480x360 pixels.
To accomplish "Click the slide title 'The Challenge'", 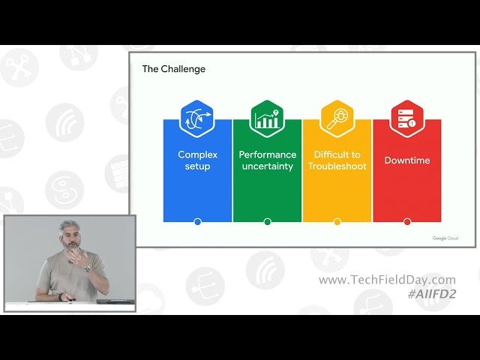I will click(x=174, y=69).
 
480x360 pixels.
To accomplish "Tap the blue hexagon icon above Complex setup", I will click(x=197, y=118).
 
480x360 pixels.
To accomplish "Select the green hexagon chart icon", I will click(x=267, y=118).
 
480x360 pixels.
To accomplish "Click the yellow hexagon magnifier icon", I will click(x=337, y=118).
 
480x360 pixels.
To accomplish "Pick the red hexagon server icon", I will click(x=407, y=118).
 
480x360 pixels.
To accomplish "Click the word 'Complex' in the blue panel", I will click(x=197, y=154).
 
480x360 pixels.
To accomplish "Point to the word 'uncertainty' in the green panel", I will click(x=267, y=166).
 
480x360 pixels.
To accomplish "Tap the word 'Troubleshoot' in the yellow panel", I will click(x=337, y=166).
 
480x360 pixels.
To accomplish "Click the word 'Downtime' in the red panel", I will click(x=407, y=160).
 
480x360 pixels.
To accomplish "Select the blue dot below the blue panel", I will click(x=197, y=221).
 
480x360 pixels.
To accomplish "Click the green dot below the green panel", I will click(x=267, y=221).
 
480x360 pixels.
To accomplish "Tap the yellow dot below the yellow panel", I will click(x=337, y=221).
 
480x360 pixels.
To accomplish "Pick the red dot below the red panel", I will click(x=407, y=221).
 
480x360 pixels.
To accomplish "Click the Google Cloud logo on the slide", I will click(x=445, y=238).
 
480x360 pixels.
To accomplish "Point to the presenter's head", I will click(x=70, y=232).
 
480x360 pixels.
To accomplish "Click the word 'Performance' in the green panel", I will click(x=267, y=154).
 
